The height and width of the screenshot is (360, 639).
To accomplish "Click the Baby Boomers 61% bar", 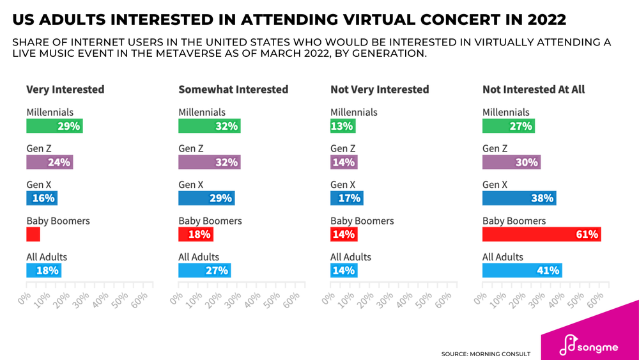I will (x=541, y=235).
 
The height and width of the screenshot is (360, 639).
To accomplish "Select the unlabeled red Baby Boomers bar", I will (x=33, y=235).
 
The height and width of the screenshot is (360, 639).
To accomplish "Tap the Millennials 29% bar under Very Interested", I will (x=54, y=126).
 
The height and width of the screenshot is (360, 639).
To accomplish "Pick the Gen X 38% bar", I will (x=519, y=198).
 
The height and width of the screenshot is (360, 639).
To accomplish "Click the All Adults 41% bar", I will (x=522, y=270).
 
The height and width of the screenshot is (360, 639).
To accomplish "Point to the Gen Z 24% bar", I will (x=49, y=162).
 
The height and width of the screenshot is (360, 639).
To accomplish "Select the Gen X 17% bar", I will (x=346, y=198).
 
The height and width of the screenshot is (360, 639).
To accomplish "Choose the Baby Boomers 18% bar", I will (x=196, y=235).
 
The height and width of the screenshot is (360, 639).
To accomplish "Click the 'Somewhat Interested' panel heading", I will (x=233, y=90).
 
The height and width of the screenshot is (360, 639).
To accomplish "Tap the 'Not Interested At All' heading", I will (x=534, y=90).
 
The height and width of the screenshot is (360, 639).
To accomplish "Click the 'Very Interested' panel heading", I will (x=65, y=90).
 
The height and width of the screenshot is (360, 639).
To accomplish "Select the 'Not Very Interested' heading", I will (x=380, y=90).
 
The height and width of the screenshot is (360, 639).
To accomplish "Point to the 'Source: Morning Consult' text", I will (x=486, y=354).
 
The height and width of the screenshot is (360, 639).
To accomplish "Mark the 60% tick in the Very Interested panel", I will (x=142, y=296).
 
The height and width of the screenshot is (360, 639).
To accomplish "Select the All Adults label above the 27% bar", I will (x=199, y=257).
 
